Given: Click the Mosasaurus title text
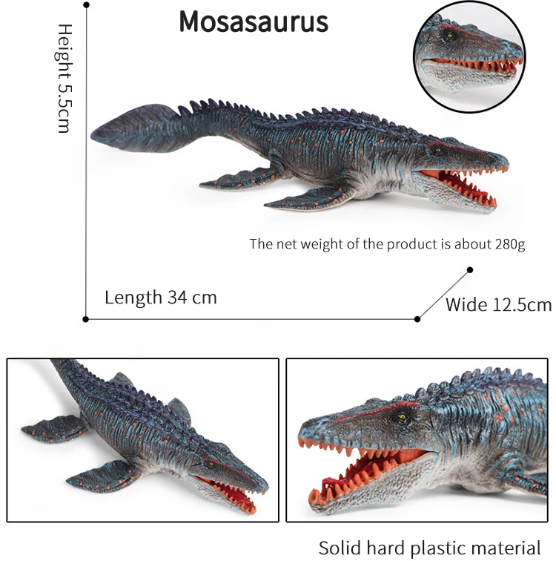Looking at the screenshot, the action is pos(254,22).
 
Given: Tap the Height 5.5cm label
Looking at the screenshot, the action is pos(64,77).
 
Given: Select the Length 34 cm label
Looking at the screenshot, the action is pos(160,298).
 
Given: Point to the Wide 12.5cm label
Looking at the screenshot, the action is pos(498,304).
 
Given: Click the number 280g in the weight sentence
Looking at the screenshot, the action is pos(509,244).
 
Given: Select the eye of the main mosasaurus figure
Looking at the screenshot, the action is pos(439,150).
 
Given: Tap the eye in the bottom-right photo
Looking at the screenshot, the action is pos(403,418).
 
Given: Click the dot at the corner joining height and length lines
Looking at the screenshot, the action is pos(86,319).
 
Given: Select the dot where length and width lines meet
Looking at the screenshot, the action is pos(417,319).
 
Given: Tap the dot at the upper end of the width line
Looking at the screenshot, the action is pos(470,270).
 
